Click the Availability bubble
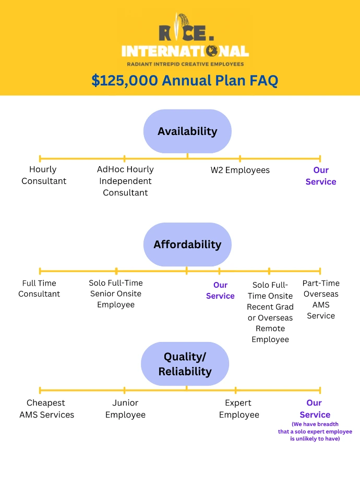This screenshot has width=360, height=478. click(187, 131)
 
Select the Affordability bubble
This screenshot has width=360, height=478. click(187, 244)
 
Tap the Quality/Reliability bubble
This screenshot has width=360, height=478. click(185, 364)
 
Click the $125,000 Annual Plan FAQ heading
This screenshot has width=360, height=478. click(185, 80)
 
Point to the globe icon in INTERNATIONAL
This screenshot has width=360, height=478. click(211, 51)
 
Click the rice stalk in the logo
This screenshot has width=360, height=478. click(179, 26)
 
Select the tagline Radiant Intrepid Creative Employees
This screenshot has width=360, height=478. click(186, 64)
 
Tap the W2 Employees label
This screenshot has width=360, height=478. click(240, 170)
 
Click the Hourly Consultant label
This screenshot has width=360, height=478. click(44, 175)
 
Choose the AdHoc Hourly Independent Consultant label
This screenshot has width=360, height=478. click(125, 181)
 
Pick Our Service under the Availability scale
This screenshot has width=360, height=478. click(321, 176)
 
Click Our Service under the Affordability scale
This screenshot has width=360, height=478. click(220, 290)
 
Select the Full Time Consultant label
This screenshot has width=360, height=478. click(39, 288)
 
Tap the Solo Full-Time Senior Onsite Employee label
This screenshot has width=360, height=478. click(116, 293)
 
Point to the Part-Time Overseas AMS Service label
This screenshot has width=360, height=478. click(321, 299)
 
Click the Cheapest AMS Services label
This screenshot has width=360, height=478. click(46, 409)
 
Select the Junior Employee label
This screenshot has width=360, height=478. click(125, 409)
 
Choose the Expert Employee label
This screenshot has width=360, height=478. click(239, 409)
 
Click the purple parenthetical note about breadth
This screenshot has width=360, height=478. click(315, 432)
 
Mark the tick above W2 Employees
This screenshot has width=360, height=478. click(240, 158)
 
